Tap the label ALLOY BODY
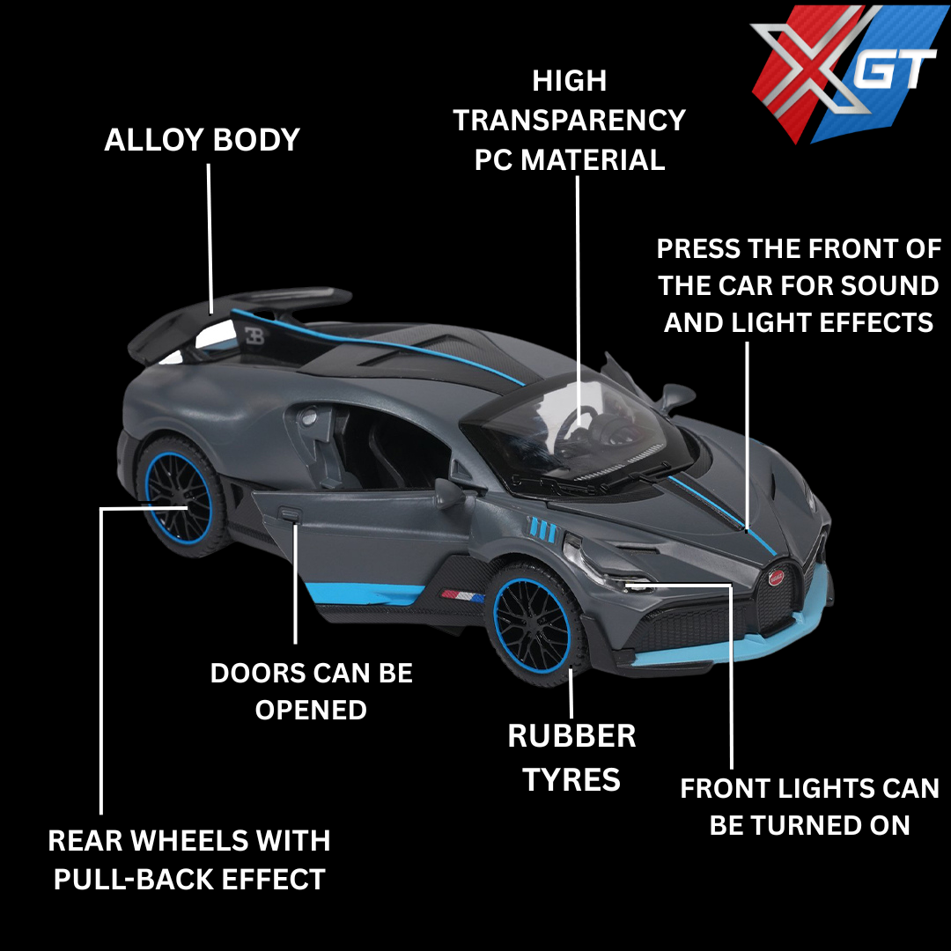point(202,140)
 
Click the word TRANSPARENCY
point(569,120)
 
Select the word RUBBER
point(571,736)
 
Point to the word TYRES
point(571,779)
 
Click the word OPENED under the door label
point(311,711)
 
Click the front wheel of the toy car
point(534,624)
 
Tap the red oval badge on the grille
point(777,578)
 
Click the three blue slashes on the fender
point(542,528)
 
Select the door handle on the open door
point(291,515)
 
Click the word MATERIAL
point(593,160)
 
